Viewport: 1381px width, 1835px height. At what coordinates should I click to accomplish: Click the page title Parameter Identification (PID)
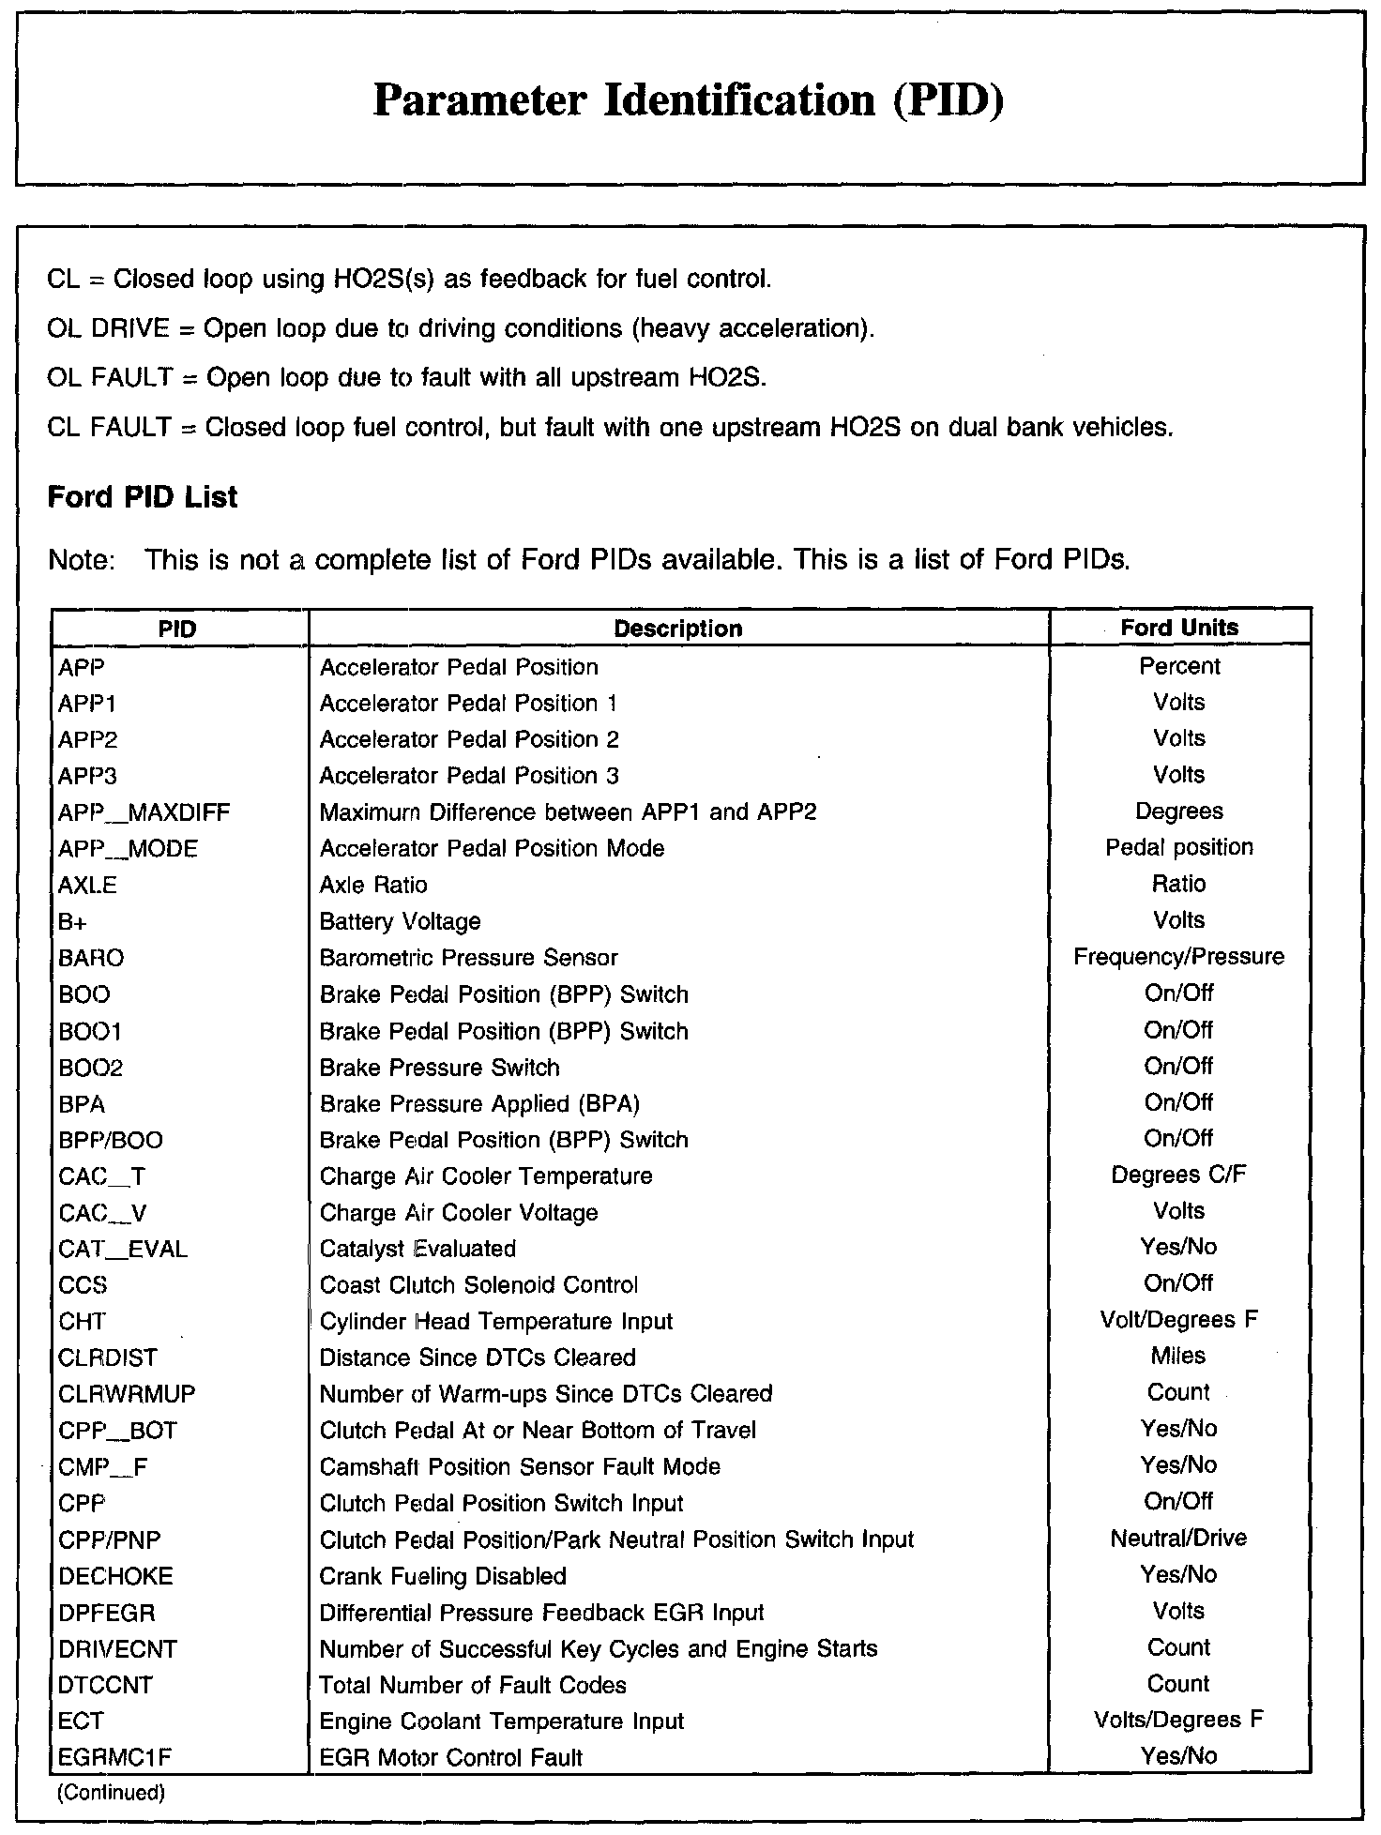pyautogui.click(x=689, y=100)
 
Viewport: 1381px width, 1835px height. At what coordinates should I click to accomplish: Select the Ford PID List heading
pyautogui.click(x=143, y=496)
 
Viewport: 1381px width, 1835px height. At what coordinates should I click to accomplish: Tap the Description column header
pyautogui.click(x=677, y=629)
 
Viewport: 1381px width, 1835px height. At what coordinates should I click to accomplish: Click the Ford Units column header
pyautogui.click(x=1179, y=628)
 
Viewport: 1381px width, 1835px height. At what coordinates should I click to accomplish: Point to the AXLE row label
pyautogui.click(x=87, y=885)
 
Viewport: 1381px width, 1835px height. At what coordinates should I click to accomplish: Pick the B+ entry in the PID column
pyautogui.click(x=72, y=921)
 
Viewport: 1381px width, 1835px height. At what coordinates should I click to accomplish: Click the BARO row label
pyautogui.click(x=91, y=958)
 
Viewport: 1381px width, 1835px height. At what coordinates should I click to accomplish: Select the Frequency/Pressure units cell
pyautogui.click(x=1178, y=957)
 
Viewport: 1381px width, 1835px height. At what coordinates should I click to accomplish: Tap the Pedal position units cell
pyautogui.click(x=1178, y=847)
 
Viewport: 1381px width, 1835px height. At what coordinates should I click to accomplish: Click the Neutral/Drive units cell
pyautogui.click(x=1178, y=1539)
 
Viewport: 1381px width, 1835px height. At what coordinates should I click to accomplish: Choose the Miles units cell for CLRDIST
pyautogui.click(x=1178, y=1357)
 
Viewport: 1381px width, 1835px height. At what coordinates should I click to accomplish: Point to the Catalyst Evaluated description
pyautogui.click(x=417, y=1249)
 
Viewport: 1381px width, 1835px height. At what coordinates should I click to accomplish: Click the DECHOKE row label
pyautogui.click(x=115, y=1576)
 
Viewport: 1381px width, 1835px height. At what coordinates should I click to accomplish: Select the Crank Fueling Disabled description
pyautogui.click(x=443, y=1576)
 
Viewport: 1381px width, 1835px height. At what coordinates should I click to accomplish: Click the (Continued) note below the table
pyautogui.click(x=111, y=1793)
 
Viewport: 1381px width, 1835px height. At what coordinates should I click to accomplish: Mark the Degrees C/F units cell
pyautogui.click(x=1178, y=1175)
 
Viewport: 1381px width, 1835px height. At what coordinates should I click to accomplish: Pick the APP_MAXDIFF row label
pyautogui.click(x=144, y=812)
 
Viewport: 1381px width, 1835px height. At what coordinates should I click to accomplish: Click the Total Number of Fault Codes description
pyautogui.click(x=473, y=1685)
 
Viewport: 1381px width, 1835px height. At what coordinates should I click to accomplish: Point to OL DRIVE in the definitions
pyautogui.click(x=108, y=328)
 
